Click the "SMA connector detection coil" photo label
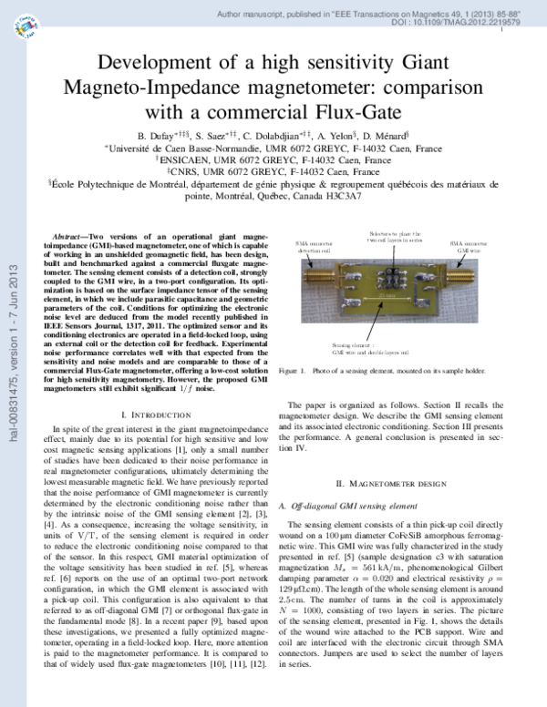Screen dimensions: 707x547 (312, 247)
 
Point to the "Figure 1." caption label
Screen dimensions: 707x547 (293, 372)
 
